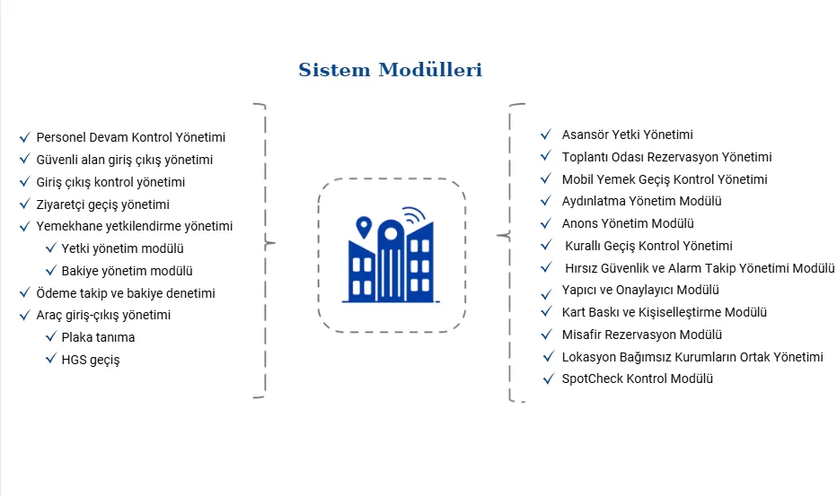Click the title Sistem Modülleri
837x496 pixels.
coord(390,69)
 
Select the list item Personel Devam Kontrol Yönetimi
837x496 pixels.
coord(131,137)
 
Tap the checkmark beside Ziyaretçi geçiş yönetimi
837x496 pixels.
coord(24,204)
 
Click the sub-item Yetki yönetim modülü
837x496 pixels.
coord(122,248)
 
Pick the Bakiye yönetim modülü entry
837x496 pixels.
coord(127,271)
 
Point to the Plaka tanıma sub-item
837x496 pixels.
coord(98,337)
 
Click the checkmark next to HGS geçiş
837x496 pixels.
coord(50,359)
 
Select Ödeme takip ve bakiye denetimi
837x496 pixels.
coord(126,293)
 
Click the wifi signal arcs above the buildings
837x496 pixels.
coord(414,214)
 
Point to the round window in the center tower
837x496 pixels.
coord(391,233)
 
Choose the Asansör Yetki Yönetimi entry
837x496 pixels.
coord(627,135)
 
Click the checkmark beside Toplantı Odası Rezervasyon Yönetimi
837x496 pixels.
coord(545,156)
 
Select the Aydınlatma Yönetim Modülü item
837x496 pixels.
coord(641,201)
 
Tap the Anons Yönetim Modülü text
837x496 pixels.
coord(628,223)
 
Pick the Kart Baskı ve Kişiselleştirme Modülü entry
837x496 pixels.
coord(664,312)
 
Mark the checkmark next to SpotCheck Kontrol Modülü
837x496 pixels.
coord(548,379)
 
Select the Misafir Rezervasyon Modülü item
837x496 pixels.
coord(641,335)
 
